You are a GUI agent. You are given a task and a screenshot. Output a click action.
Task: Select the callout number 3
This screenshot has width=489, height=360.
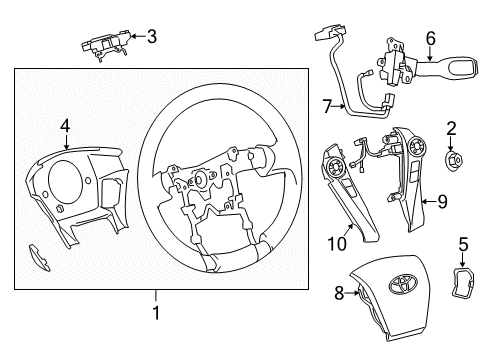click(151, 38)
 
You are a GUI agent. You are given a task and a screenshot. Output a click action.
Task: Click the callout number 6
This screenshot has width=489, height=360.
click(431, 38)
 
